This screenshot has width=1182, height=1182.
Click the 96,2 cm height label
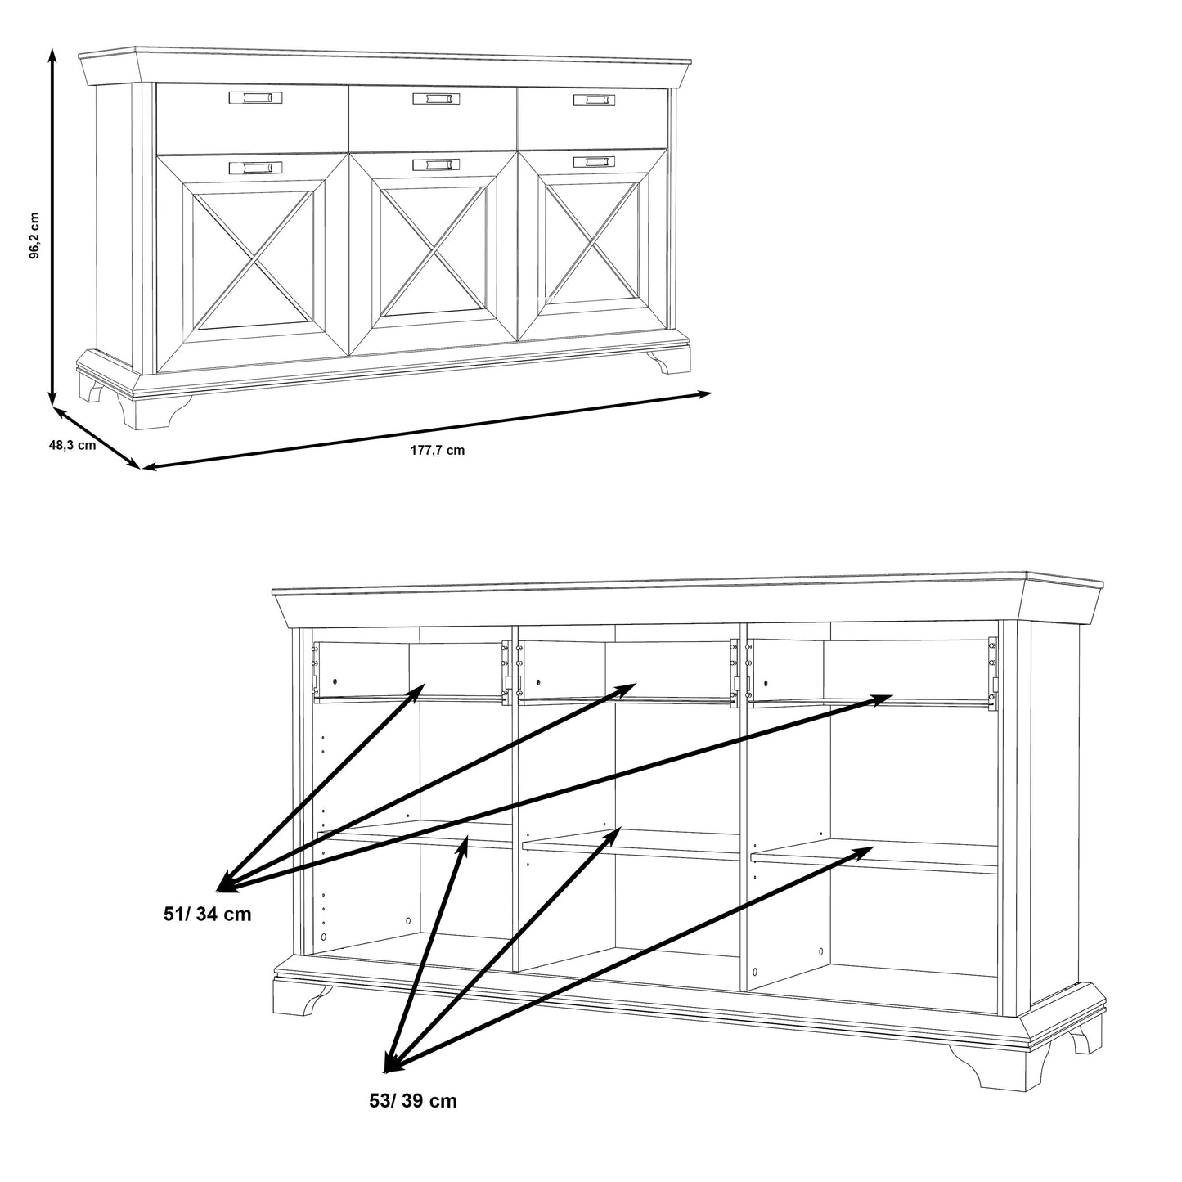[35, 236]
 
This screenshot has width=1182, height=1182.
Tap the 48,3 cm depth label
[72, 445]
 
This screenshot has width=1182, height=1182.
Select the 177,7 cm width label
[438, 450]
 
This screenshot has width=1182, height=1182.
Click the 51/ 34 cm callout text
[207, 915]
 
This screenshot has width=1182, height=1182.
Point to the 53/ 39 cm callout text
[413, 1117]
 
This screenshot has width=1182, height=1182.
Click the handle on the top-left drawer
[256, 97]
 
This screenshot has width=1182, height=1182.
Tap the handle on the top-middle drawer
[436, 99]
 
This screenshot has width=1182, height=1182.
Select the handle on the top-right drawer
[595, 100]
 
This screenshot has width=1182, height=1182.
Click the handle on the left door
[256, 168]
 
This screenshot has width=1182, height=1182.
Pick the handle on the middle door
[436, 165]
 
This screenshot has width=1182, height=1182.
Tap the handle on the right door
[595, 162]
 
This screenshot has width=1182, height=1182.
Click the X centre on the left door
[253, 260]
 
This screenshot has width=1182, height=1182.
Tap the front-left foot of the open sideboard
[300, 999]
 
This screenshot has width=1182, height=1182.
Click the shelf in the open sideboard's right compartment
[874, 856]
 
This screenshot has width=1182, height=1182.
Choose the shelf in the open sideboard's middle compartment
[631, 845]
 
